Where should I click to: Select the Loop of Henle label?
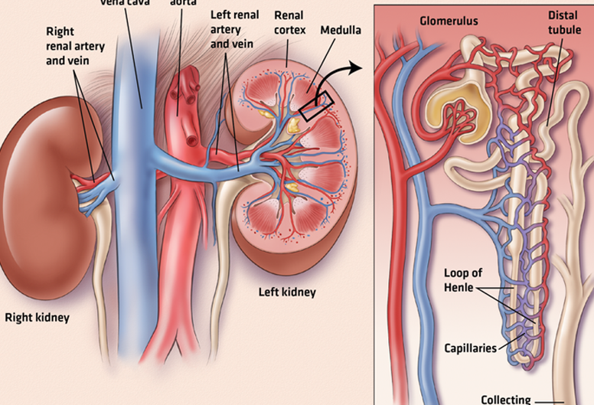point(464,281)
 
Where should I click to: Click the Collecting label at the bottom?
point(506,399)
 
